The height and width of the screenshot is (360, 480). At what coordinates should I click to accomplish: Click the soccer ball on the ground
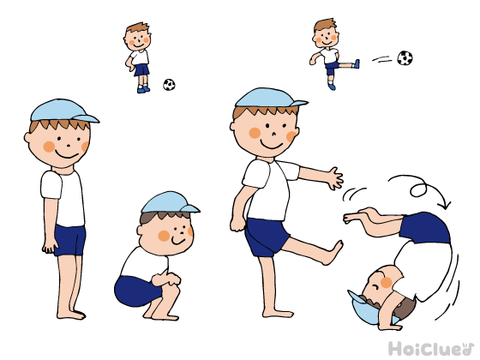click(x=169, y=85)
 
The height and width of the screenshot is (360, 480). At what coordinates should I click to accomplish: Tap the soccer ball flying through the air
click(x=405, y=58)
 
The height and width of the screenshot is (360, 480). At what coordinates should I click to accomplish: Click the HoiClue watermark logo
click(x=431, y=349)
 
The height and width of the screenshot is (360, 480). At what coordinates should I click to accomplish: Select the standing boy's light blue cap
click(x=63, y=111)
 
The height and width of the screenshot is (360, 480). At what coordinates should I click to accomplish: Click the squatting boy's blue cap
click(x=169, y=202)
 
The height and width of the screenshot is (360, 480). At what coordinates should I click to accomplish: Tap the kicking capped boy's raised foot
click(x=333, y=253)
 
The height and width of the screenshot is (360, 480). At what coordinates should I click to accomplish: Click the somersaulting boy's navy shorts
click(x=425, y=227)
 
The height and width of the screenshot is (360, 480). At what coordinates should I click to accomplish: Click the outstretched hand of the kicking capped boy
click(x=335, y=178)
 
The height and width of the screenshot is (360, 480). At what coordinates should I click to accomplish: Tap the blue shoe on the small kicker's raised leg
click(x=357, y=64)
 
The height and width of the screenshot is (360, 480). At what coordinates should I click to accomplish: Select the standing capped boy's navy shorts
click(x=69, y=240)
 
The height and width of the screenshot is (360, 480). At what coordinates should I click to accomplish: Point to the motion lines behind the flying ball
click(x=381, y=59)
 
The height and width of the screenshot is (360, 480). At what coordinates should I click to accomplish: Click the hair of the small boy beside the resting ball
click(x=138, y=27)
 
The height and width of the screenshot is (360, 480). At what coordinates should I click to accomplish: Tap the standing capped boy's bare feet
click(x=71, y=315)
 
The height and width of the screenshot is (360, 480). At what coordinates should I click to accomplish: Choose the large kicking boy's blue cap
click(x=271, y=99)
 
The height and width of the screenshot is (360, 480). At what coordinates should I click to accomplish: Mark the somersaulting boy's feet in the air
click(x=359, y=216)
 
